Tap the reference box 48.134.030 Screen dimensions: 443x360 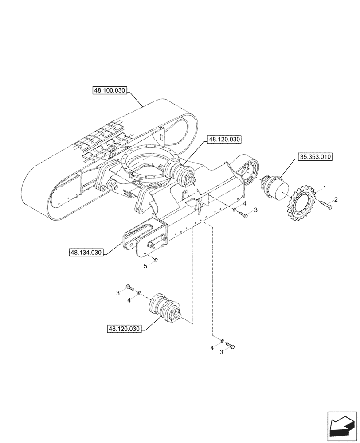pyautogui.click(x=86, y=253)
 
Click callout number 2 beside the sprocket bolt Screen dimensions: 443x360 pyautogui.click(x=336, y=200)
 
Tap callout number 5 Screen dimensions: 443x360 pyautogui.click(x=145, y=266)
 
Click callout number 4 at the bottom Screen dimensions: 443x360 pyautogui.click(x=212, y=348)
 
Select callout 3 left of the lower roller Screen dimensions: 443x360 pyautogui.click(x=118, y=293)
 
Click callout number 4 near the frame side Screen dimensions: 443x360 pyautogui.click(x=244, y=203)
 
